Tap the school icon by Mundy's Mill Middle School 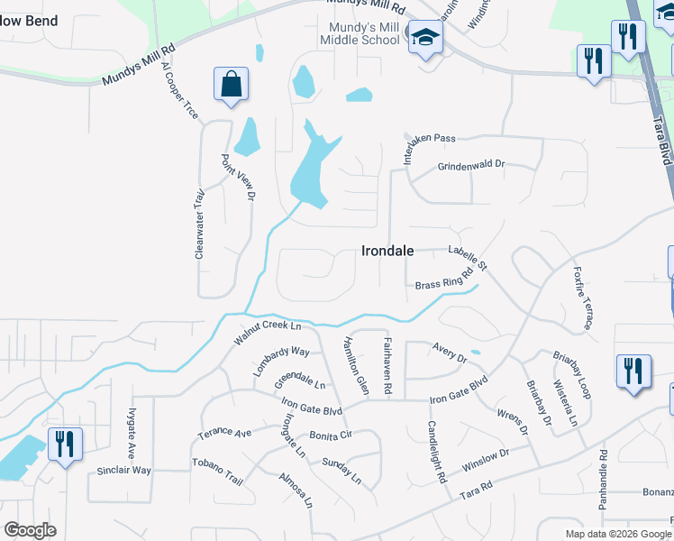pyautogui.click(x=424, y=38)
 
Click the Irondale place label pyautogui.click(x=387, y=252)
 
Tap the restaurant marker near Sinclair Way pyautogui.click(x=64, y=445)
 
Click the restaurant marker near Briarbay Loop pyautogui.click(x=633, y=371)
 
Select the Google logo pyautogui.click(x=30, y=530)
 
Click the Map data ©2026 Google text pyautogui.click(x=617, y=534)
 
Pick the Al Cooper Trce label pyautogui.click(x=179, y=90)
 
